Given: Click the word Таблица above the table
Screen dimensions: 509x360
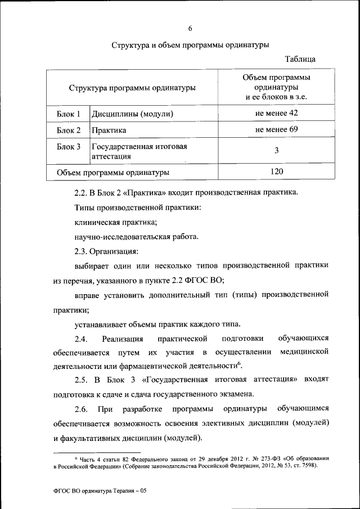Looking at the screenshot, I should (x=300, y=59).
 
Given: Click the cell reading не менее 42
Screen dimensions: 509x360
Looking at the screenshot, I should (x=276, y=114).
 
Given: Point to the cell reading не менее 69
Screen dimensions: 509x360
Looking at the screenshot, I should (x=276, y=130).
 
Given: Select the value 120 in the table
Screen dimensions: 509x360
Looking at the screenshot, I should (x=276, y=171).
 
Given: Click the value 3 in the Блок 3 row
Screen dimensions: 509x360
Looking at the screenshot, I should (x=276, y=151).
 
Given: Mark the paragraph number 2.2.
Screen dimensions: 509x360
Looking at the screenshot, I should (x=82, y=193).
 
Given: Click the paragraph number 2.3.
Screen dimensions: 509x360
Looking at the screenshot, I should (x=82, y=251).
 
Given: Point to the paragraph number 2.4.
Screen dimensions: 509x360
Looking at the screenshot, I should (x=82, y=339).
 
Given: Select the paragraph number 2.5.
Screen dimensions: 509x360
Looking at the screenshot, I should (x=82, y=380).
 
